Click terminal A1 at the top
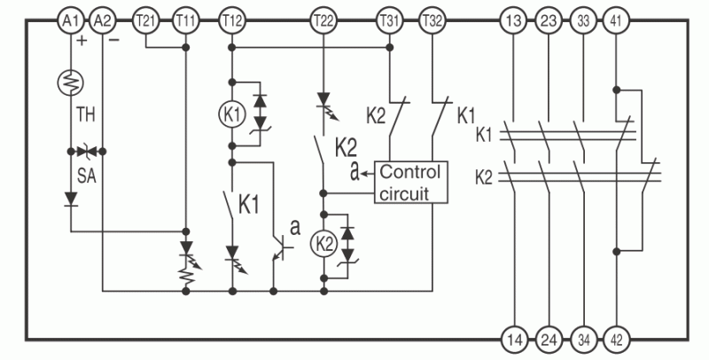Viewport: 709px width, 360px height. (71, 20)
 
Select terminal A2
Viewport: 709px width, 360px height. (103, 20)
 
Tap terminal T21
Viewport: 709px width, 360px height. (145, 20)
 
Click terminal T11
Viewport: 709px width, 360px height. (186, 20)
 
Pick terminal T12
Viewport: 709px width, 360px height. (232, 20)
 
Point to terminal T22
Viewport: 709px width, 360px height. (323, 20)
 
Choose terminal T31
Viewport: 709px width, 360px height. (390, 20)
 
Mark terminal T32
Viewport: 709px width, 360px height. (432, 20)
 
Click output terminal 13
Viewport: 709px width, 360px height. (514, 20)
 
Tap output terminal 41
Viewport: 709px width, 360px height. (616, 20)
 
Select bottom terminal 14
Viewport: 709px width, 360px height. (515, 340)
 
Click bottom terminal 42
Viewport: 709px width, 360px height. (616, 340)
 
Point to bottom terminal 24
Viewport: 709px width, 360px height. (549, 340)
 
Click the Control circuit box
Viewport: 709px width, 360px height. (410, 183)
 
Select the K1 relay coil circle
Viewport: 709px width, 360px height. (232, 114)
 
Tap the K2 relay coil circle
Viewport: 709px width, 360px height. (323, 244)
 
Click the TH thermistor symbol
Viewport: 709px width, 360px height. (71, 82)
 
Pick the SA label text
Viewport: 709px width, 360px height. (87, 176)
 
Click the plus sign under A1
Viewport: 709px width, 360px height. (82, 41)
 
